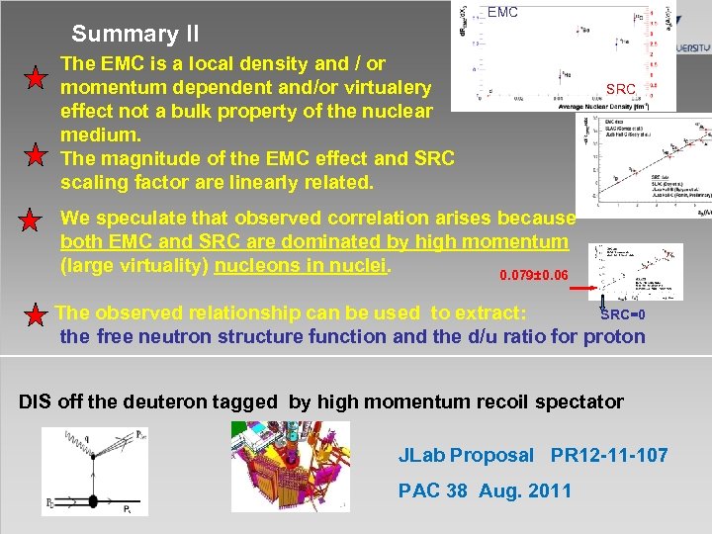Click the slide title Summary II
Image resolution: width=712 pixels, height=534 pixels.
(135, 35)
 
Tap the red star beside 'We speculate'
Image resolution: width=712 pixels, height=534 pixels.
(34, 221)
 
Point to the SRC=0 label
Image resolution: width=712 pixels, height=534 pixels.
(624, 314)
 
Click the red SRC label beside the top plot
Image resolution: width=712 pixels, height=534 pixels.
(621, 90)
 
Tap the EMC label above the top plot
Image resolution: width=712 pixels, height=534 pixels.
(502, 13)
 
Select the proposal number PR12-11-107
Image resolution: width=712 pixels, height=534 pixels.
(609, 455)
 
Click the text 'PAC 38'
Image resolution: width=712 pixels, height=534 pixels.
(433, 491)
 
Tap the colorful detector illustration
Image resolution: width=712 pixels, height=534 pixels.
(290, 466)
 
